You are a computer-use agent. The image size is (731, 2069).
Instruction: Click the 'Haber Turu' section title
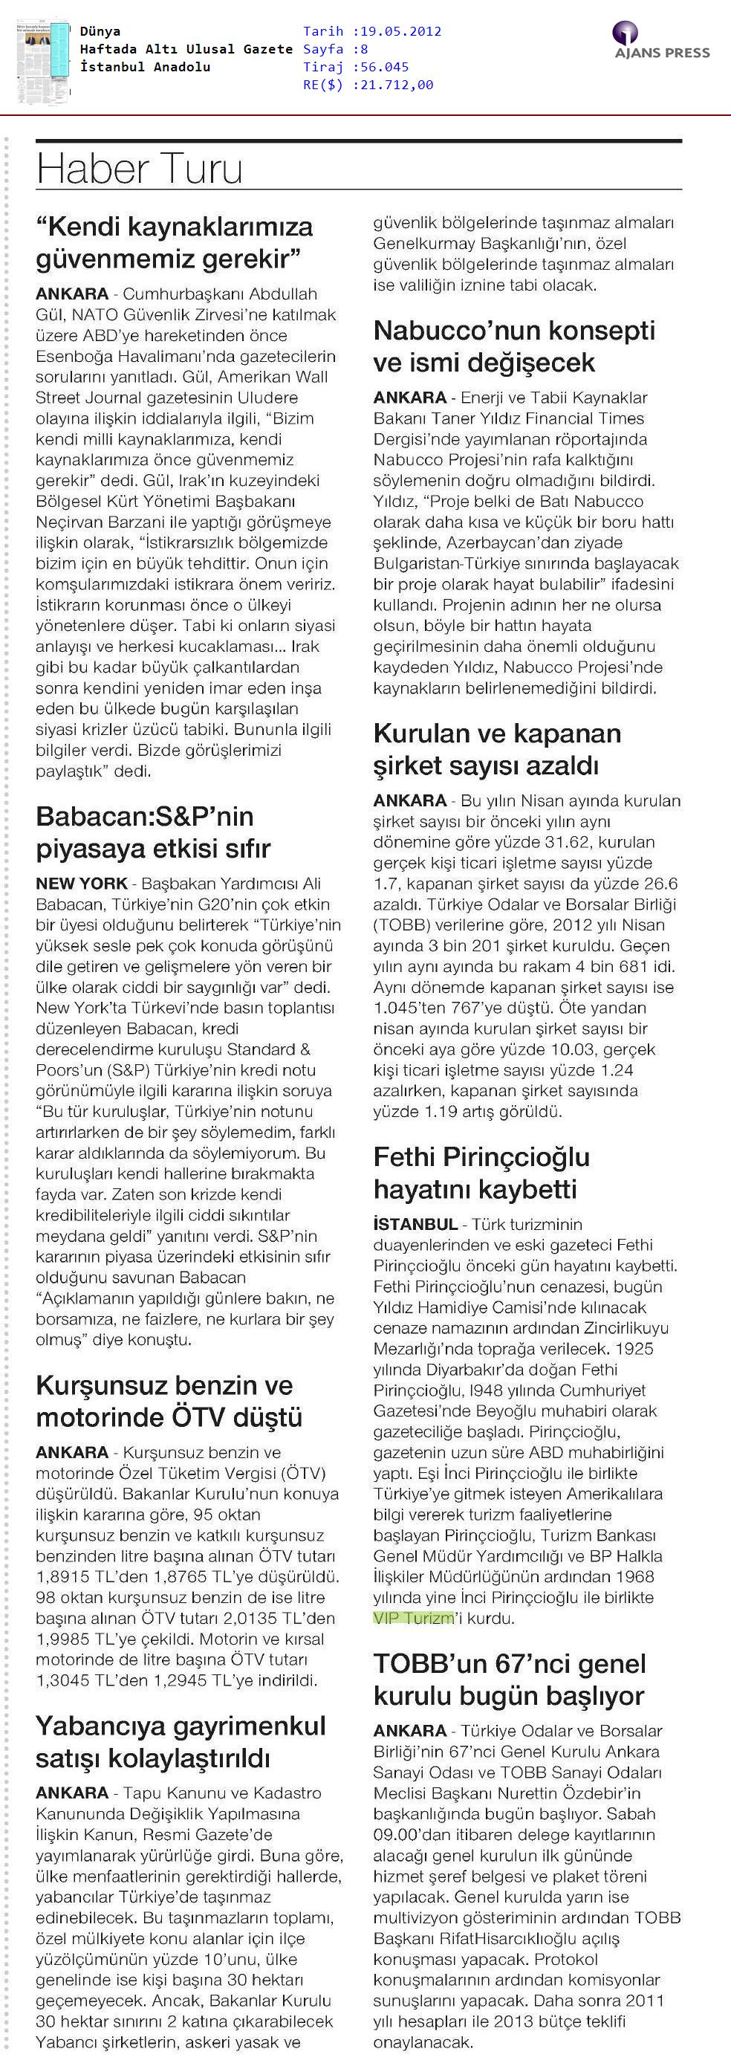pos(139,169)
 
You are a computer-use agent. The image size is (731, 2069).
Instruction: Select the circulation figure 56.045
pos(385,67)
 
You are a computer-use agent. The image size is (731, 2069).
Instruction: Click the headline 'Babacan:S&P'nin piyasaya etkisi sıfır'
pos(152,832)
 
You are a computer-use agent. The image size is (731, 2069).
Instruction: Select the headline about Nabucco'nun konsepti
pos(514,346)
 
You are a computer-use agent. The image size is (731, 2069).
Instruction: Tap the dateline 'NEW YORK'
pos(81,884)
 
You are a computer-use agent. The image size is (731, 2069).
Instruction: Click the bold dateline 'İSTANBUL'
pos(415,1225)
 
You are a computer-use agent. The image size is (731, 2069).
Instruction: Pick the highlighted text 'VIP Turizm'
pos(413,1618)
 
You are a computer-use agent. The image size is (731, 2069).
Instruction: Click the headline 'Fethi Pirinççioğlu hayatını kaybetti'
pos(481,1173)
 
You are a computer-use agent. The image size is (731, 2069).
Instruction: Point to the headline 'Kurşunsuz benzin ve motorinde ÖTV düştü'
pos(169,1401)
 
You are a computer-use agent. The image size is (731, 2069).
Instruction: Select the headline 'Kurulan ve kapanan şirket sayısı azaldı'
pos(496,748)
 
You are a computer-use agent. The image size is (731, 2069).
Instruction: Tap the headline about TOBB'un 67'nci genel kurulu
pos(510,1680)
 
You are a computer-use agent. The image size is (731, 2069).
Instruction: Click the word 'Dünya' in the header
pos(100,31)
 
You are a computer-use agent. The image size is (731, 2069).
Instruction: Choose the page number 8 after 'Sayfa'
pos(364,49)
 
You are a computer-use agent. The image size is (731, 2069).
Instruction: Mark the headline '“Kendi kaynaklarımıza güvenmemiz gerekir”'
pos(175,242)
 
